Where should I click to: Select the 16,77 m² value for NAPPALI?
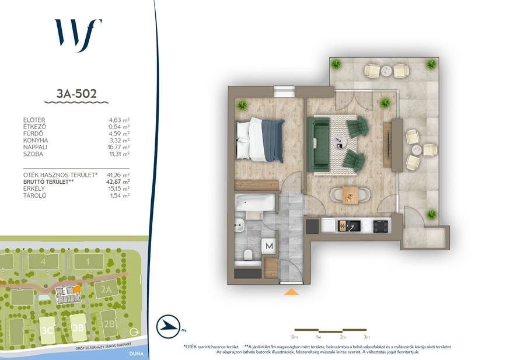tap(120, 147)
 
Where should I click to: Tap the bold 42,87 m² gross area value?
tap(119, 182)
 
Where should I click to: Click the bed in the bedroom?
tap(260, 139)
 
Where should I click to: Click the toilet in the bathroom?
tap(248, 254)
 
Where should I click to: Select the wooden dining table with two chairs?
tap(350, 194)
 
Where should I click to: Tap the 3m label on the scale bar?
tap(366, 337)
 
